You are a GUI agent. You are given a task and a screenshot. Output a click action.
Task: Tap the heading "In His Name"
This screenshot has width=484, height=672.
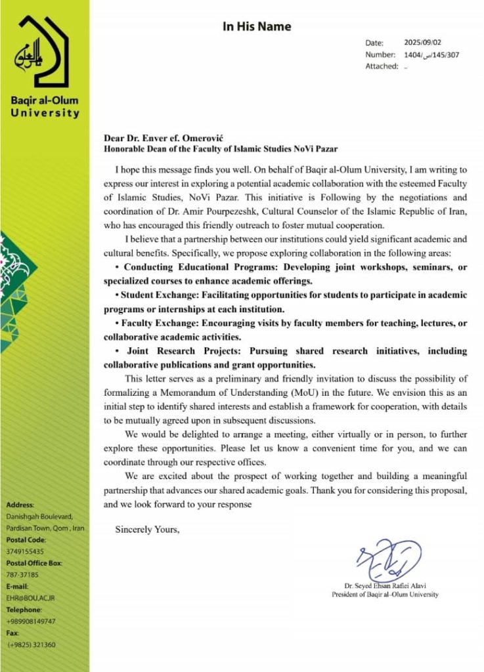tap(256, 27)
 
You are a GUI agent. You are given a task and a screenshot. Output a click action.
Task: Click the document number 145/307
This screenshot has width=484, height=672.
tap(445, 54)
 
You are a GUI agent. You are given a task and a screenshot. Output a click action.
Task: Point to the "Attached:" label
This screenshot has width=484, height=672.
tap(382, 66)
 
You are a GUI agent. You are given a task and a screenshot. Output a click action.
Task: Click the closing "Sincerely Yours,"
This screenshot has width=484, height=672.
tap(147, 529)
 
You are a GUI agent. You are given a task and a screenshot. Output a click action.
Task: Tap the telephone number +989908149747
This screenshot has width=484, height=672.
tap(32, 621)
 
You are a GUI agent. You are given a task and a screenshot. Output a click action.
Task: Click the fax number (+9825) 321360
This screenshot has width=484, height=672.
tap(32, 644)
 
